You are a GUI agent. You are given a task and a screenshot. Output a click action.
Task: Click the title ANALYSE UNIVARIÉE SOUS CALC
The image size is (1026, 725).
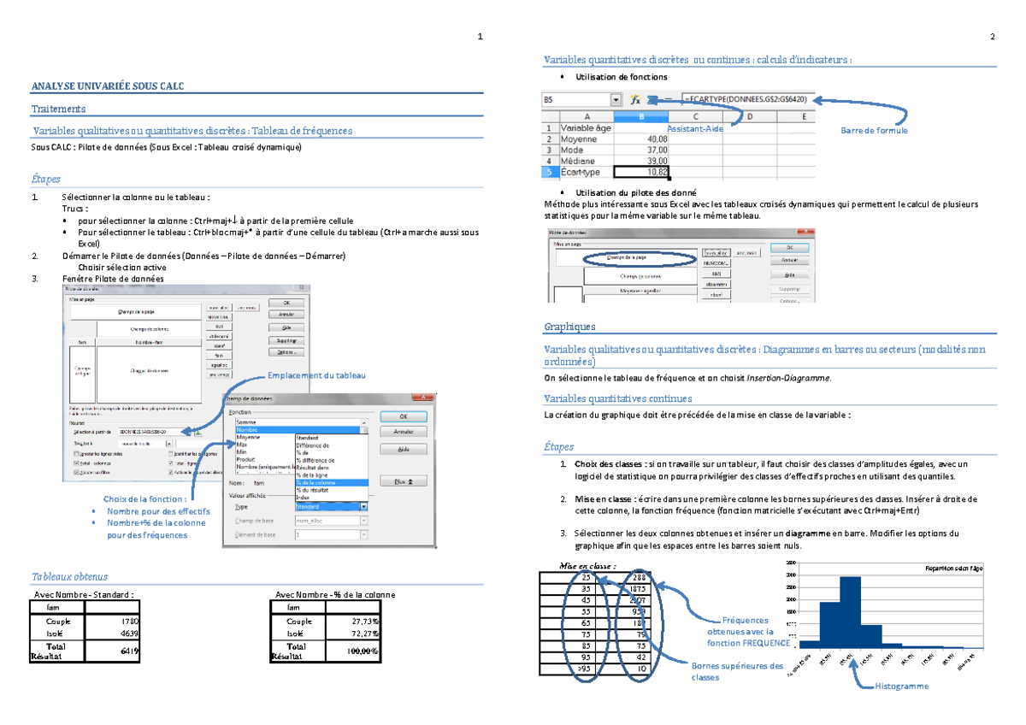point(107,86)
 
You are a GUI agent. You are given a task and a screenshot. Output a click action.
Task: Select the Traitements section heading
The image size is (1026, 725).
point(58,109)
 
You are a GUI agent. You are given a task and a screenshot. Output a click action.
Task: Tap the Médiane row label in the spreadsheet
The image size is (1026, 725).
point(579,161)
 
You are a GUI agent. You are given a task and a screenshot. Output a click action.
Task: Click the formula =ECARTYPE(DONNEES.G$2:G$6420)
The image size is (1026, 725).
point(746,100)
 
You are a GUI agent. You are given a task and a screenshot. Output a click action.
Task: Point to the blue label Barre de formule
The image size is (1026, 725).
point(874,130)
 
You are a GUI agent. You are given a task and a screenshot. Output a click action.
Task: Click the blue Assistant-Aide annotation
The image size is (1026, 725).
point(695,128)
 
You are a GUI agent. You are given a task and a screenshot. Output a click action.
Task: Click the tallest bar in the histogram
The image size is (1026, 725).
point(850,610)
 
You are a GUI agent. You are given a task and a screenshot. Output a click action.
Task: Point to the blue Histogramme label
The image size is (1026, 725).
point(900,687)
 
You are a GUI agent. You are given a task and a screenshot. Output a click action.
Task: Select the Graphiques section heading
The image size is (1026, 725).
point(570,327)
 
